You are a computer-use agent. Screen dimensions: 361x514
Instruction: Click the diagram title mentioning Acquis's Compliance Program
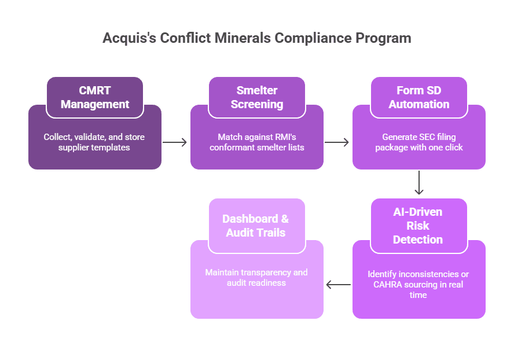pyautogui.click(x=257, y=38)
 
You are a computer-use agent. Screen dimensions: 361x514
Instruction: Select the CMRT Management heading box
pyautogui.click(x=95, y=97)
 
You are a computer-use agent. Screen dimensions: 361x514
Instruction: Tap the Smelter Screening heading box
pyautogui.click(x=257, y=97)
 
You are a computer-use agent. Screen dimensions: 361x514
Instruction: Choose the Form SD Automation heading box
pyautogui.click(x=419, y=97)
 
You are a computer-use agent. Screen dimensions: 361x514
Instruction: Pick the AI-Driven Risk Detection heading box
pyautogui.click(x=419, y=226)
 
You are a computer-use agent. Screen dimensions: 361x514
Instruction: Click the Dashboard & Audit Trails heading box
pyautogui.click(x=257, y=226)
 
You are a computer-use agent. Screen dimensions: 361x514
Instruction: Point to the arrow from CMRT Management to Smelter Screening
pyautogui.click(x=175, y=142)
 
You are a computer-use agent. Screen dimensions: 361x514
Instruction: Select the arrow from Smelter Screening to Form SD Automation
pyautogui.click(x=337, y=142)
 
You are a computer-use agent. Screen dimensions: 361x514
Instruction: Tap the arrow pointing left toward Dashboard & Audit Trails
pyautogui.click(x=338, y=284)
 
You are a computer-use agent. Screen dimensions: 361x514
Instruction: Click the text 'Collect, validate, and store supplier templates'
pyautogui.click(x=94, y=142)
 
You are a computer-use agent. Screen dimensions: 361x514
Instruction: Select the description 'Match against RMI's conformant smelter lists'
pyautogui.click(x=256, y=142)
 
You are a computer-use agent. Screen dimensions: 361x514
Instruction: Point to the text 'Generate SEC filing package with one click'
pyautogui.click(x=418, y=142)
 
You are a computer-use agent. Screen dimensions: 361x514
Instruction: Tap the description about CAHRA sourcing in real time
pyautogui.click(x=418, y=284)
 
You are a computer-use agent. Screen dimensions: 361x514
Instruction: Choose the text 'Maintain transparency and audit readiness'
pyautogui.click(x=256, y=277)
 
